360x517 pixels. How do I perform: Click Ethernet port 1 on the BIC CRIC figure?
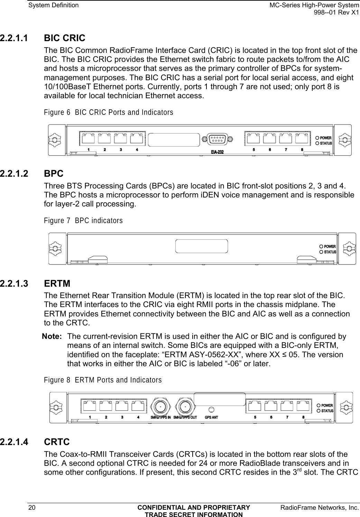pyautogui.click(x=88, y=139)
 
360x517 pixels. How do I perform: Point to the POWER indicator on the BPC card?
pyautogui.click(x=321, y=247)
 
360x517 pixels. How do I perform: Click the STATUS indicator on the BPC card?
pyautogui.click(x=321, y=252)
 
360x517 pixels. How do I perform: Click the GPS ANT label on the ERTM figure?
pyautogui.click(x=211, y=417)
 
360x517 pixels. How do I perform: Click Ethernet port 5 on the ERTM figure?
pyautogui.click(x=255, y=407)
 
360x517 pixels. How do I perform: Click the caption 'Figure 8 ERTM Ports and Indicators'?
pyautogui.click(x=103, y=380)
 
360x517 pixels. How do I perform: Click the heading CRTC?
pyautogui.click(x=57, y=442)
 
